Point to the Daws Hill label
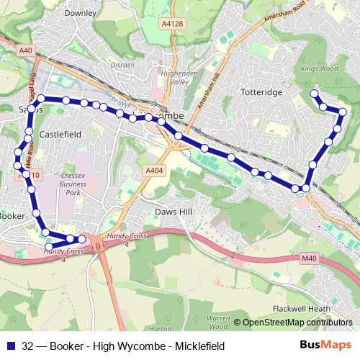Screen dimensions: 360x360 click(x=176, y=212)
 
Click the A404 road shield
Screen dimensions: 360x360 click(x=153, y=170)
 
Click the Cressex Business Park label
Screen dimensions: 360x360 click(x=74, y=184)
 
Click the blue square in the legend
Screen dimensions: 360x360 click(x=10, y=346)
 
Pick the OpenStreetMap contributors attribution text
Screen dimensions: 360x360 click(x=297, y=322)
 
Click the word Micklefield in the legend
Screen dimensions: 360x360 click(x=198, y=346)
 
